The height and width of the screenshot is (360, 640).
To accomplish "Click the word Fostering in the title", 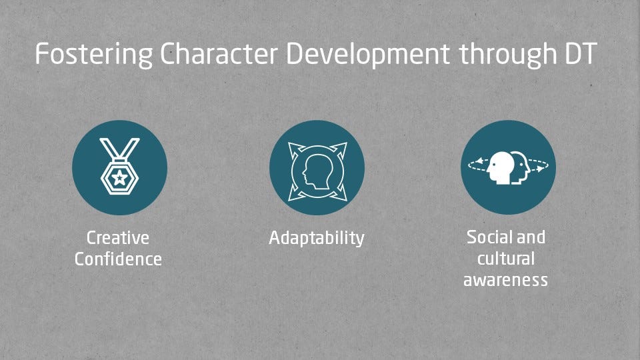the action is [x=94, y=54].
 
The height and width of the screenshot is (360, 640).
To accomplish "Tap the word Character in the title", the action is [x=219, y=53].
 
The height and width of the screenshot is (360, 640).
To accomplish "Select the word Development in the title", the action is [x=368, y=54].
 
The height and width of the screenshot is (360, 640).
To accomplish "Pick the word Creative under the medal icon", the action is [x=118, y=237].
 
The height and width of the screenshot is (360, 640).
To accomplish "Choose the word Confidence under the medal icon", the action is [x=119, y=259].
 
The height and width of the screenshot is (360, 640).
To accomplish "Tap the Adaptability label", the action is [x=317, y=238].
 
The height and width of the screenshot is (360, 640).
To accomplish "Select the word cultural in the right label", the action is [x=506, y=259].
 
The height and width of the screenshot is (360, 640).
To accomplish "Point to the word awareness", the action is [x=506, y=281].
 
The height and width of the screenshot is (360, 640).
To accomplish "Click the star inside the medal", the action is [x=119, y=177].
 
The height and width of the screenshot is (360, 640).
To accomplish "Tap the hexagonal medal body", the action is [x=119, y=177].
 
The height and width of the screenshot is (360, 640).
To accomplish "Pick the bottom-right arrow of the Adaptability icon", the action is [x=339, y=193].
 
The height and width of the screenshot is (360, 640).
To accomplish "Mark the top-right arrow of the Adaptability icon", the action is [x=339, y=150].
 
